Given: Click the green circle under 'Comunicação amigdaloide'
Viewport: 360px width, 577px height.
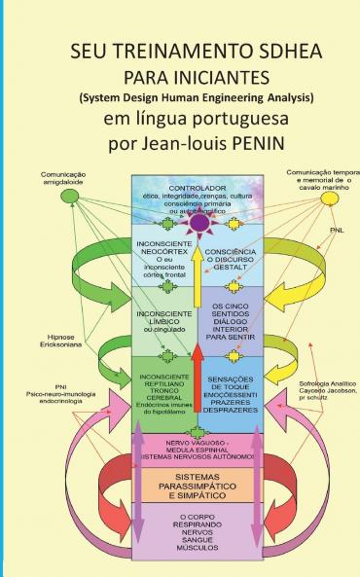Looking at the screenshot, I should (x=71, y=197).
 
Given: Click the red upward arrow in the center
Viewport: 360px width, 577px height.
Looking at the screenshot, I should (x=198, y=379).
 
